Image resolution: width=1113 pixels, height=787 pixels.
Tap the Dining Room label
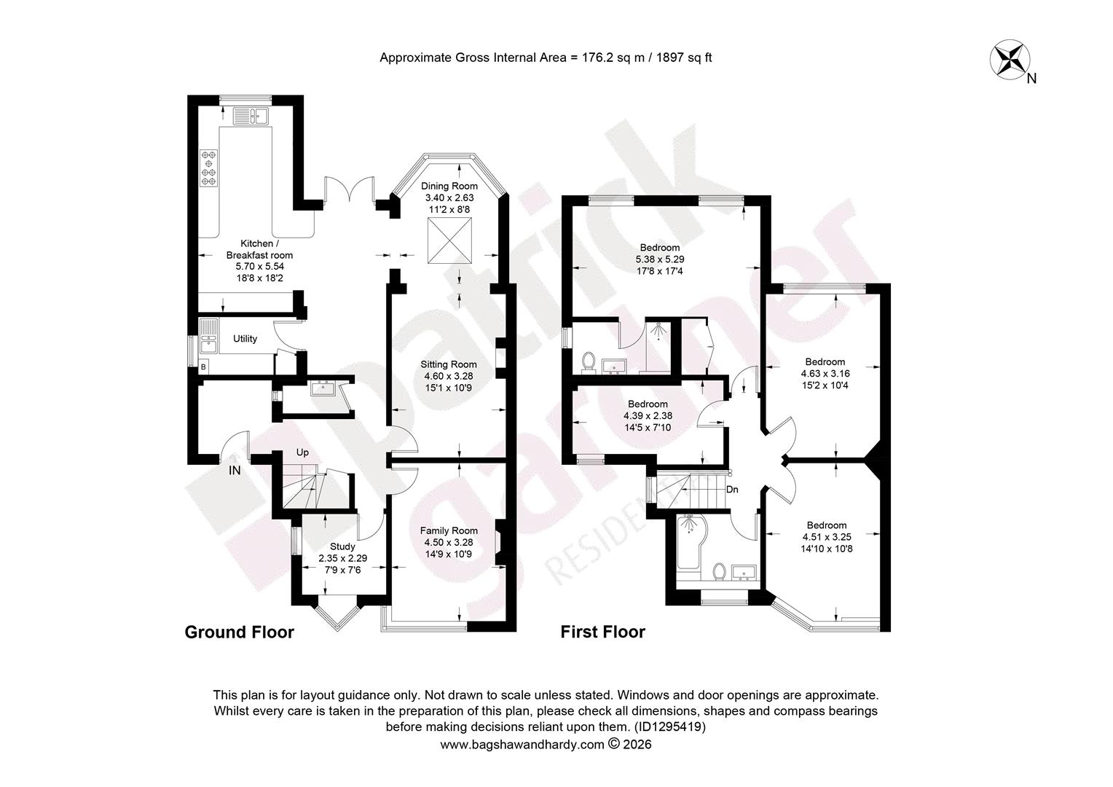click(x=449, y=187)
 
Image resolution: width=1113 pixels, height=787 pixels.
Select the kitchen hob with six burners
click(x=208, y=168)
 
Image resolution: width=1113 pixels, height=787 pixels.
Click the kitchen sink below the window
click(x=251, y=116)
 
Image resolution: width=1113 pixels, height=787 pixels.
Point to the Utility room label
click(x=245, y=339)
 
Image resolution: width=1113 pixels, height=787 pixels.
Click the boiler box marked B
click(x=202, y=367)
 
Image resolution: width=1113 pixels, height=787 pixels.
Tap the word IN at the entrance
click(x=235, y=470)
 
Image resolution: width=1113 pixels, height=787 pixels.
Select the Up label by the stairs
click(x=302, y=453)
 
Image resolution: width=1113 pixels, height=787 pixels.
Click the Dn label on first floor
click(x=732, y=489)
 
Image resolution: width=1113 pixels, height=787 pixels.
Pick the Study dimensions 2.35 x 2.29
click(x=343, y=558)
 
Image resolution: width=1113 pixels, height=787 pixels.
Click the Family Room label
click(x=449, y=531)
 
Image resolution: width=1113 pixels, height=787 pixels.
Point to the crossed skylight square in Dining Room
click(x=449, y=240)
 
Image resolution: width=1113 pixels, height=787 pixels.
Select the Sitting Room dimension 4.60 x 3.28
click(x=449, y=376)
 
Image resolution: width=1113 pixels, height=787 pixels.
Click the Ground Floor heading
click(x=240, y=632)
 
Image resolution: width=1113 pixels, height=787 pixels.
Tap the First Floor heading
click(x=602, y=632)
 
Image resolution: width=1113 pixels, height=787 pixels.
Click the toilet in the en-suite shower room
click(x=589, y=361)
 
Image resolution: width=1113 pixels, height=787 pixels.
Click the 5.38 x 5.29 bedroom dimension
click(x=660, y=259)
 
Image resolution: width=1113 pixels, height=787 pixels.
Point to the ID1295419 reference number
click(x=670, y=727)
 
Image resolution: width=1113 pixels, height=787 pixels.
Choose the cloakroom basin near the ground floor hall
click(x=323, y=388)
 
